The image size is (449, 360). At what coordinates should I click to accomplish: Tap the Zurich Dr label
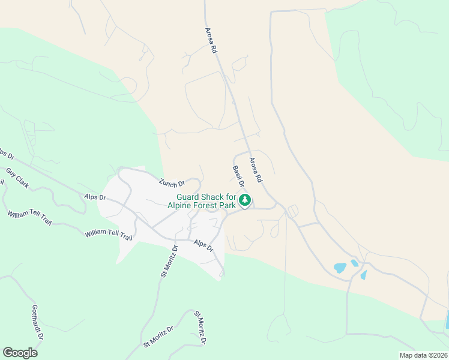click(172, 182)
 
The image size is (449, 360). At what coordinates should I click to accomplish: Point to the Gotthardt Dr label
click(37, 323)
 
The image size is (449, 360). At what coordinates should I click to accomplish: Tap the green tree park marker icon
click(244, 200)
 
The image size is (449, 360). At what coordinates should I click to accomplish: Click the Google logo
click(20, 352)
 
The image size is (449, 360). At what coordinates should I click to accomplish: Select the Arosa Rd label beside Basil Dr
click(255, 170)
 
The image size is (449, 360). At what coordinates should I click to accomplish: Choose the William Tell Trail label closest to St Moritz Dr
click(108, 234)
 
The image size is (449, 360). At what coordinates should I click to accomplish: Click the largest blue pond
click(340, 268)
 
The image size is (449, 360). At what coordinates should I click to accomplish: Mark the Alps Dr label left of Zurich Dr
click(95, 197)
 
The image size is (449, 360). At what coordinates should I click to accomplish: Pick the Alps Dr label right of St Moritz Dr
click(203, 245)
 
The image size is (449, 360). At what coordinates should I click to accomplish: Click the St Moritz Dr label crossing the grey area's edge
click(169, 260)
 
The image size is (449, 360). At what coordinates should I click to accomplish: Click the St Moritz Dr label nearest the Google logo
click(158, 337)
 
